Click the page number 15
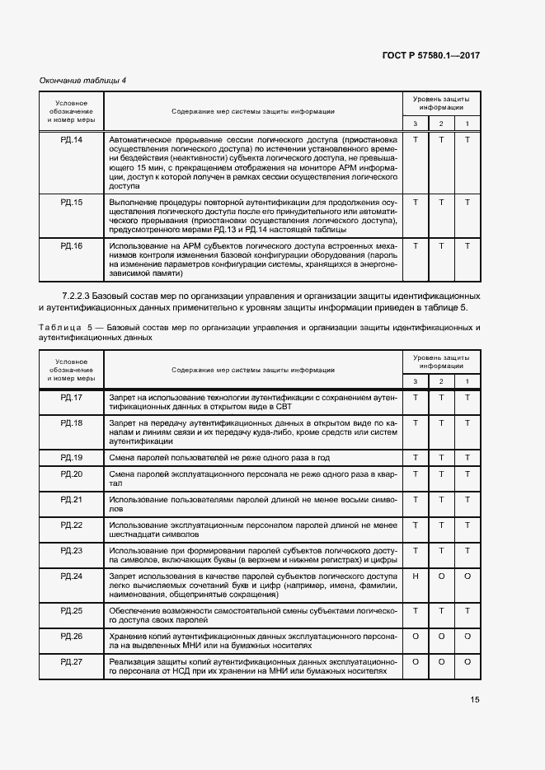click(475, 700)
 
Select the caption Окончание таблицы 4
click(82, 80)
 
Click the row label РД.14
click(72, 139)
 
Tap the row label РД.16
click(72, 245)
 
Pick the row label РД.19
click(72, 457)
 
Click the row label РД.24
click(72, 576)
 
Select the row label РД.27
click(72, 661)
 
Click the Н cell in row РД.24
click(416, 576)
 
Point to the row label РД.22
click(72, 525)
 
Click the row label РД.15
click(72, 202)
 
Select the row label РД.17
click(72, 398)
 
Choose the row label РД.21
click(72, 499)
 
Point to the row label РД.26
click(72, 636)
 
